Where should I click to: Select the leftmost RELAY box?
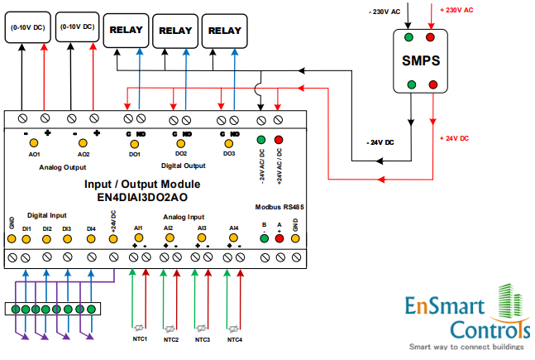[126, 31]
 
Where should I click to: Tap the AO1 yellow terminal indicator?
[36, 143]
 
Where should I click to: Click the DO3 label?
[228, 154]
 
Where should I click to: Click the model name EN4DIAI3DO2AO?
[142, 197]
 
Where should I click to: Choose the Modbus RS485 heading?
[279, 207]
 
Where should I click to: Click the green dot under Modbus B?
[264, 238]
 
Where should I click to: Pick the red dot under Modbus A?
[279, 238]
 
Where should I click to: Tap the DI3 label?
[67, 228]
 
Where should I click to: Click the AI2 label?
[168, 228]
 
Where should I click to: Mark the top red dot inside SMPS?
[430, 37]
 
